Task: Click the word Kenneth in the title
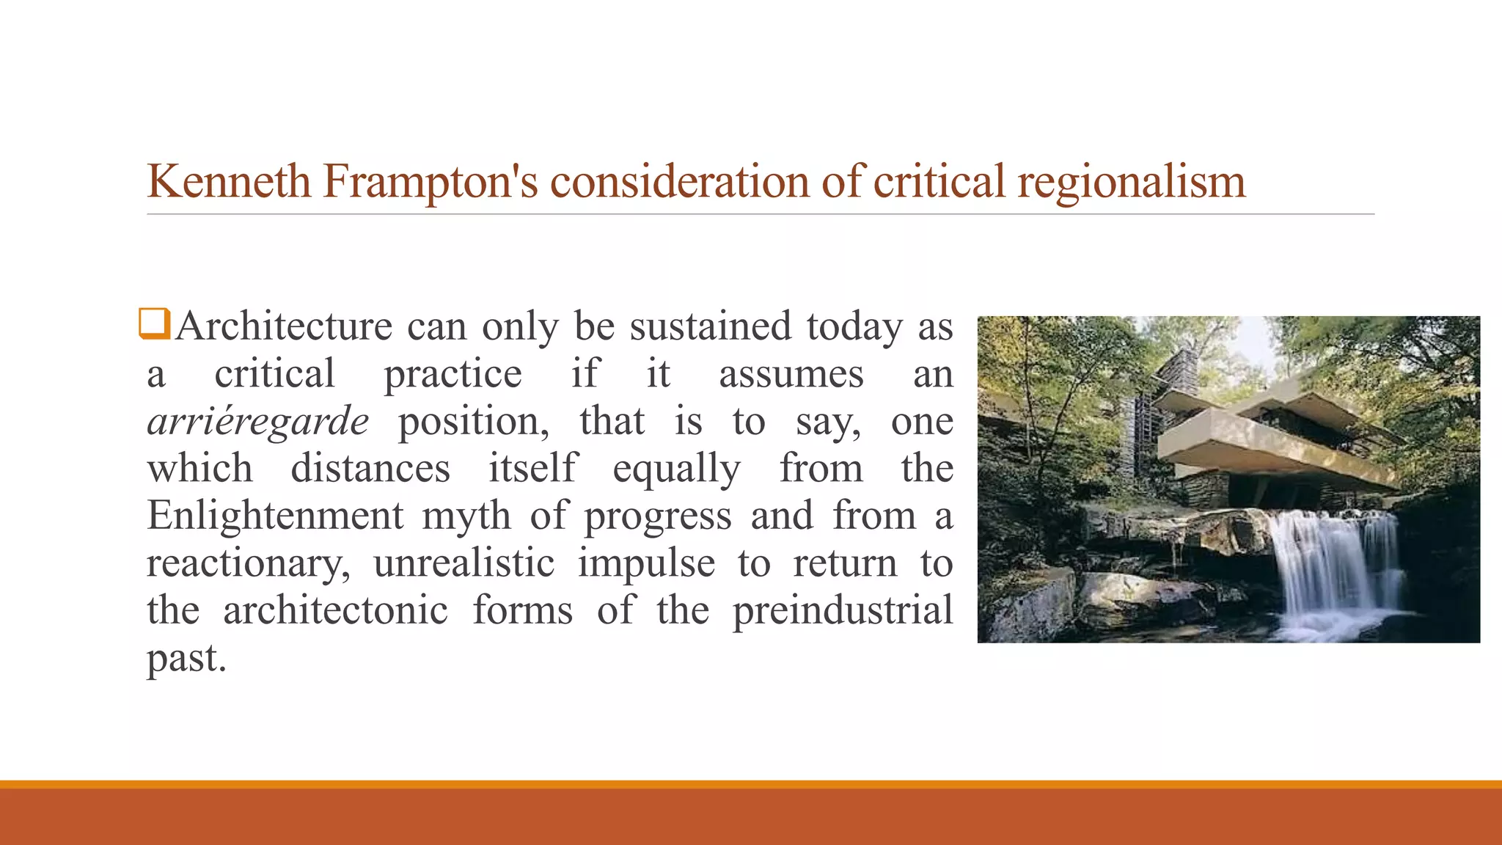[229, 181]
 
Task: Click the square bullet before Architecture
[155, 324]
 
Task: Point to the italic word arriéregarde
[257, 422]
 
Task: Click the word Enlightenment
[275, 516]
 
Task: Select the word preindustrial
[843, 610]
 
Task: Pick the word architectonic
[335, 610]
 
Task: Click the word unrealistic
[464, 563]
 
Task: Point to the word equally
[676, 469]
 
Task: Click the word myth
[466, 516]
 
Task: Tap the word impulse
[646, 563]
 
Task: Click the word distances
[370, 469]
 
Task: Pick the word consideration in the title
[679, 181]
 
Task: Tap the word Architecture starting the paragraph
[284, 326]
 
